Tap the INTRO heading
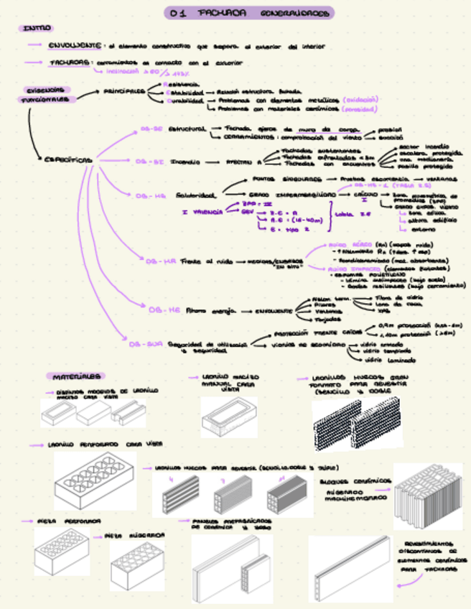coord(36,29)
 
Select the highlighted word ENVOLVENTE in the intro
coord(74,45)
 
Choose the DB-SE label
coord(151,129)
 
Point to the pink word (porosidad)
coord(358,110)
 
